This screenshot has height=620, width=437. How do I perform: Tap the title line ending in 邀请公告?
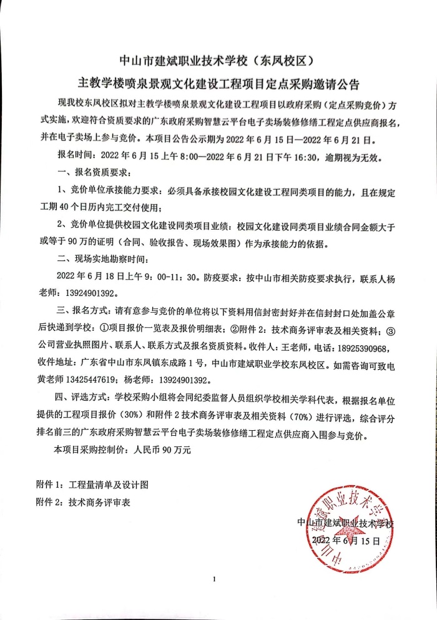(218, 84)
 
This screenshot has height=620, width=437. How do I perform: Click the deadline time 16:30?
(290, 154)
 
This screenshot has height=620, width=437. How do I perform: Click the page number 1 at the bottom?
(214, 579)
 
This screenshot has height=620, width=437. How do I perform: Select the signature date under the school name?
(345, 539)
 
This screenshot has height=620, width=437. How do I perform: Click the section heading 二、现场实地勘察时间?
(104, 259)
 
